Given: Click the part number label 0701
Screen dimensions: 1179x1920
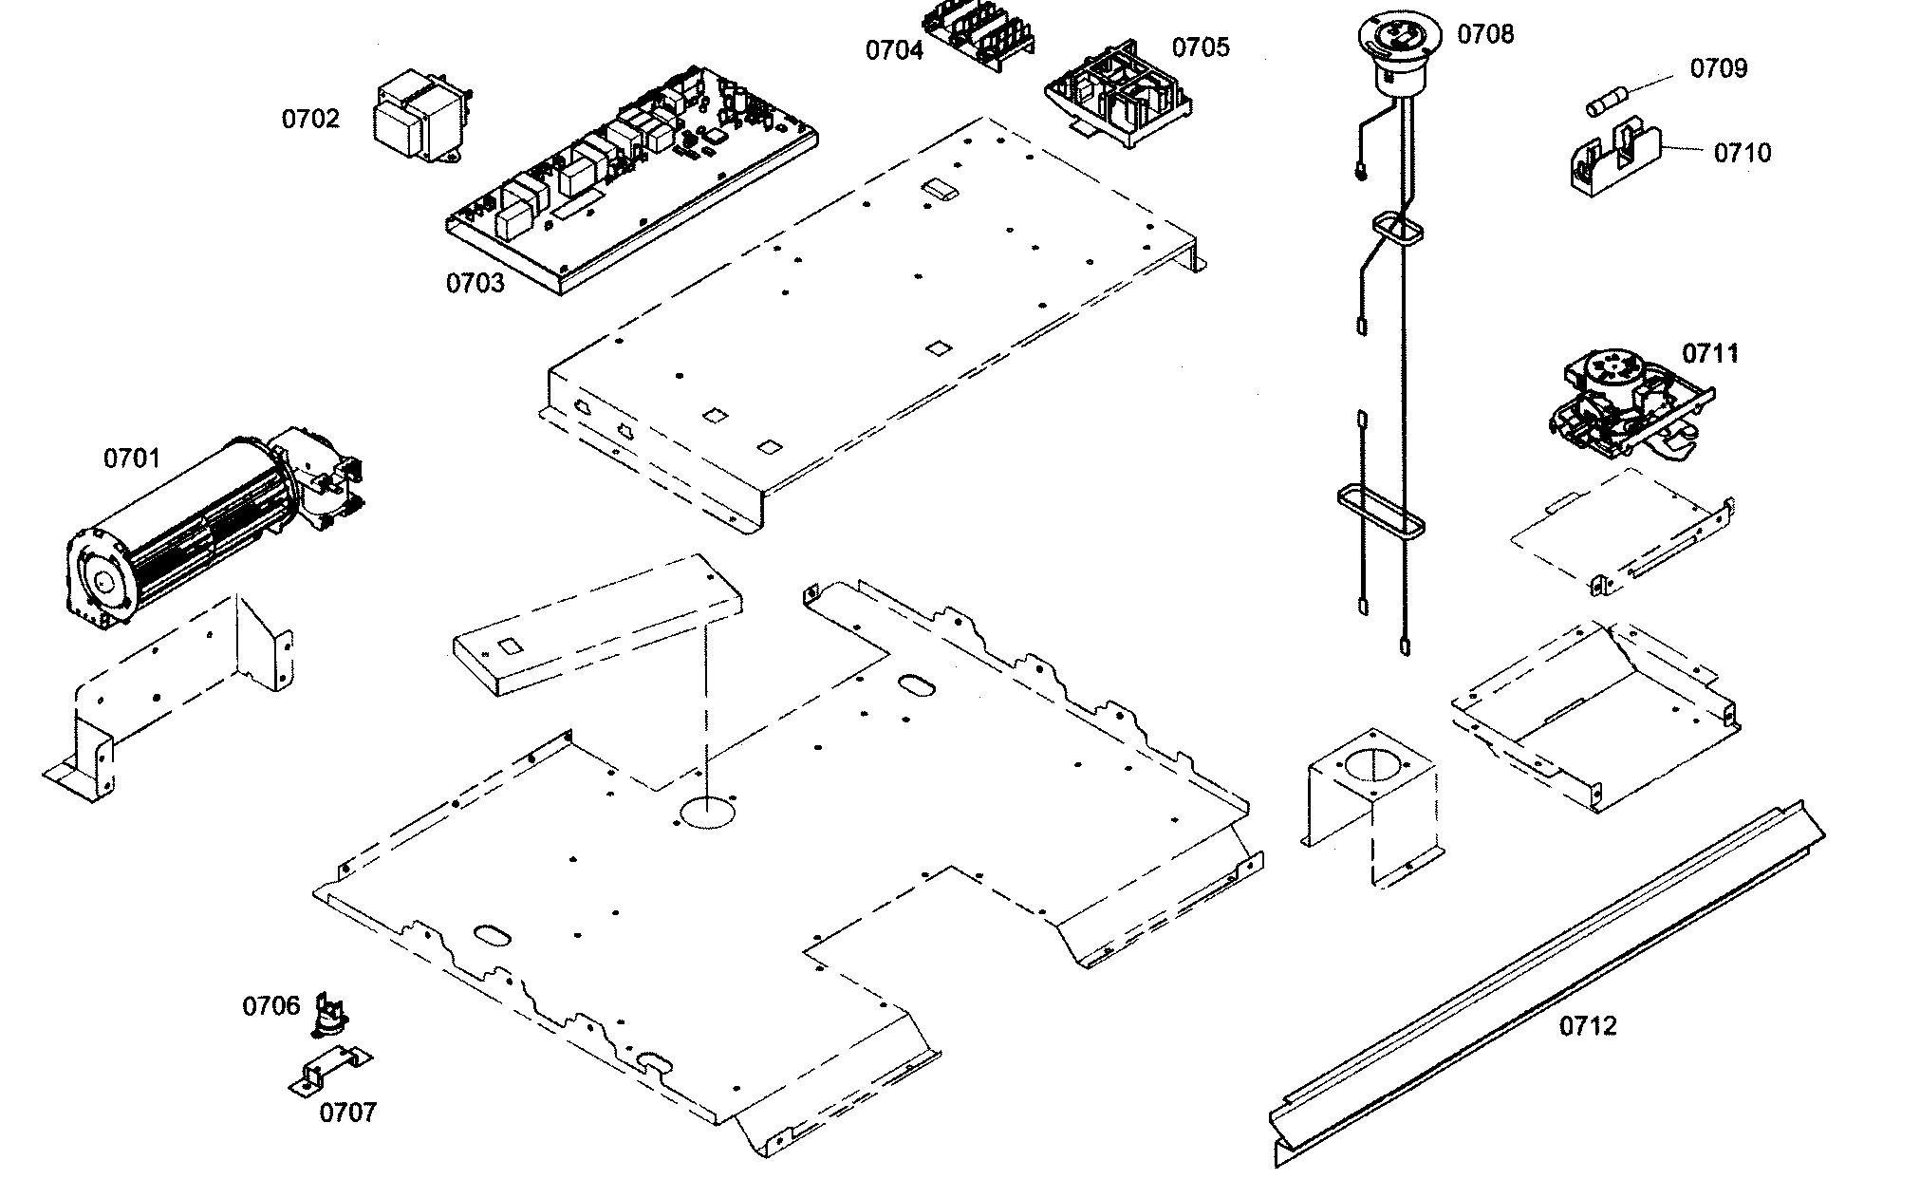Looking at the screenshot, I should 131,458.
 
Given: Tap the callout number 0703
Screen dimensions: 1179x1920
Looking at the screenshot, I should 475,284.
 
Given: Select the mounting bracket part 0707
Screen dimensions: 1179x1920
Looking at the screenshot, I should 329,1070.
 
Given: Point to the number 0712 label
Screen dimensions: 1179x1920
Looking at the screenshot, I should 1588,1026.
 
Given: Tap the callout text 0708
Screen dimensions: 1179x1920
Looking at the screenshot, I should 1485,35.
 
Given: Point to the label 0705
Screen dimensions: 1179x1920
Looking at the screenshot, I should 1201,47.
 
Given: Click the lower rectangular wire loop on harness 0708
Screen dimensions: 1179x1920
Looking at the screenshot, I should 1382,513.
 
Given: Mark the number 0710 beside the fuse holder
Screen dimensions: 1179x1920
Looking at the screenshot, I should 1742,153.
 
